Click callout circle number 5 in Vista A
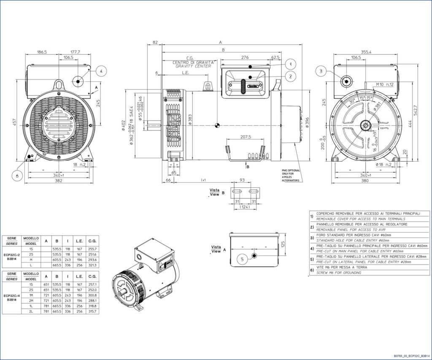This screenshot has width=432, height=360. [243, 260]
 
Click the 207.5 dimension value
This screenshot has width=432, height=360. [246, 137]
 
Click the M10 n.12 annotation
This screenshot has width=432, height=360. [385, 84]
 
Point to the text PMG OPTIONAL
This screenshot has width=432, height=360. [291, 171]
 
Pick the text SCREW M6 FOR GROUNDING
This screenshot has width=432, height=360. [339, 273]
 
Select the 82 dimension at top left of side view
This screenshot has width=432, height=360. [155, 43]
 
